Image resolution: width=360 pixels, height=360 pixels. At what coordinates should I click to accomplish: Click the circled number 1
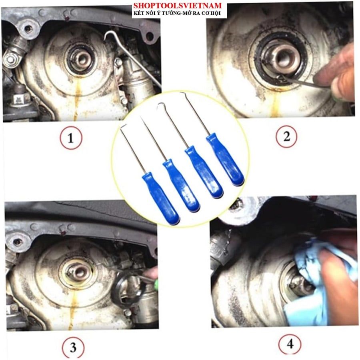(x=71, y=138)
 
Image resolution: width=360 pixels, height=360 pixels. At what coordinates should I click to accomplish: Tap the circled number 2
(x=286, y=137)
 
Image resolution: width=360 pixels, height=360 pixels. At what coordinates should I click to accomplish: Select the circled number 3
(x=73, y=347)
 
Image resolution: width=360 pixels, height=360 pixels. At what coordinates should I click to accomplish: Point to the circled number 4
(x=290, y=344)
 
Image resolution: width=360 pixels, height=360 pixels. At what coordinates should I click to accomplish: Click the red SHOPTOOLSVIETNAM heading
(x=178, y=5)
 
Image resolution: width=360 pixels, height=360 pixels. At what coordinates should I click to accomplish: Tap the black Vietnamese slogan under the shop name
(x=177, y=13)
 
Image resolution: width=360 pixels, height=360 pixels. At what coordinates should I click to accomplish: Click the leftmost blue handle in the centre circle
(x=160, y=199)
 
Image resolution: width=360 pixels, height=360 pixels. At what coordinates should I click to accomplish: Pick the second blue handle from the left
(x=181, y=186)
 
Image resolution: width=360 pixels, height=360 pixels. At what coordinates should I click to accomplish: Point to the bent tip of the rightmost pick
(x=182, y=94)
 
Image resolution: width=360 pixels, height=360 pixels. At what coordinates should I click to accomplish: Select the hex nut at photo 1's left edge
(x=10, y=60)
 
